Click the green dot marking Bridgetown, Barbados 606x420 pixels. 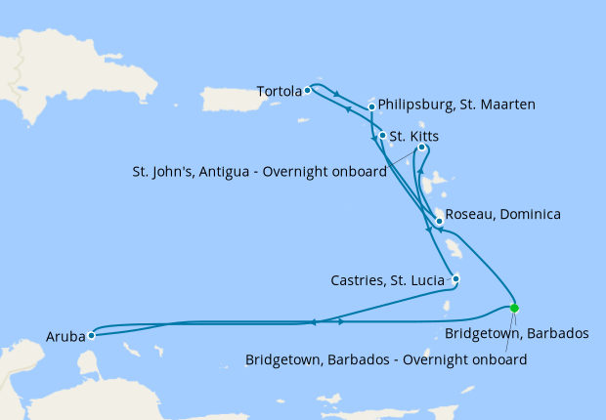[514, 308]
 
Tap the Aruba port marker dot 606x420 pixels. [91, 335]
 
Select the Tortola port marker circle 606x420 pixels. [307, 91]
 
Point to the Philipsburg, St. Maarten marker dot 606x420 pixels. [372, 106]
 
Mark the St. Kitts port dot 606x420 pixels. [382, 136]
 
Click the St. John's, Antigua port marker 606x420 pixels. [421, 147]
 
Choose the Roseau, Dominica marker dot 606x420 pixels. [439, 221]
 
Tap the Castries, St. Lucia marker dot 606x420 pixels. [455, 278]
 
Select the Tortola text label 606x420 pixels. [278, 92]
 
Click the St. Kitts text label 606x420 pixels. [411, 136]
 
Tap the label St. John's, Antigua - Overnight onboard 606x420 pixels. [259, 169]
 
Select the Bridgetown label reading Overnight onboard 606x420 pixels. [386, 359]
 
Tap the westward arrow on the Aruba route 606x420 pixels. [312, 322]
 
